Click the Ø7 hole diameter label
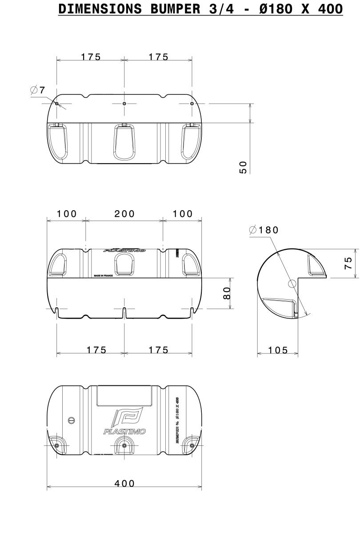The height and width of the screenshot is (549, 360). pyautogui.click(x=38, y=90)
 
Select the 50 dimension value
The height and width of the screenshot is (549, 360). pyautogui.click(x=243, y=167)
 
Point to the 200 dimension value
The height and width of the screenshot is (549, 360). pyautogui.click(x=124, y=214)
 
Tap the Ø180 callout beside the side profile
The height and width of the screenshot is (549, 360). pyautogui.click(x=264, y=230)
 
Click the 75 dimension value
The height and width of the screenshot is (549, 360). pyautogui.click(x=349, y=263)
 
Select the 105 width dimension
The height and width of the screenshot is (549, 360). pyautogui.click(x=278, y=350)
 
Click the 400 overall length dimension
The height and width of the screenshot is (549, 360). pyautogui.click(x=124, y=483)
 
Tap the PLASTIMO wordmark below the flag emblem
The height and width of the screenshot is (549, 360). pyautogui.click(x=124, y=432)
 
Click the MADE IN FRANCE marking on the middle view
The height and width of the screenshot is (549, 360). pyautogui.click(x=103, y=276)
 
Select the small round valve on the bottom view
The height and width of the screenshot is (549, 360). pyautogui.click(x=70, y=421)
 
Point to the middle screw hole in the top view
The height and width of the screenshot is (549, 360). pyautogui.click(x=124, y=104)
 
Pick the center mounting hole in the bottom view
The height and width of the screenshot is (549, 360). pyautogui.click(x=124, y=445)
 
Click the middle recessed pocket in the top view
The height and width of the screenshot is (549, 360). pyautogui.click(x=124, y=141)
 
